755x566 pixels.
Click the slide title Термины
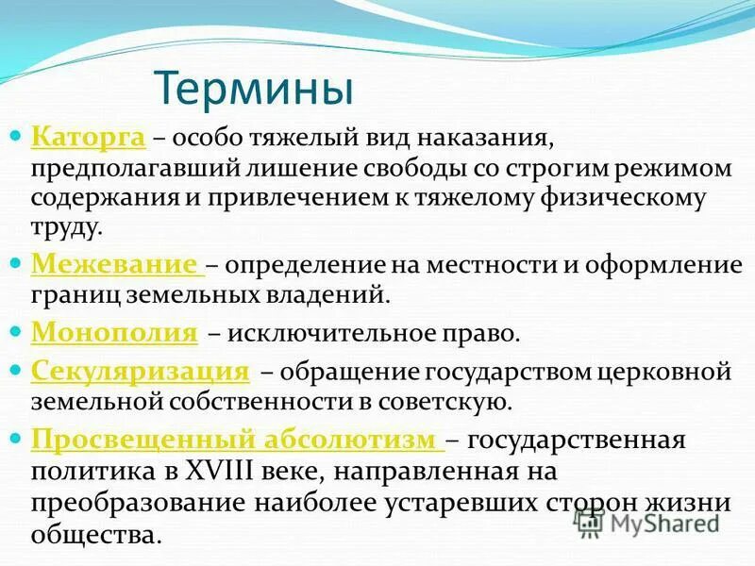[x=254, y=88]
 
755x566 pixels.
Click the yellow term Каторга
[x=88, y=139]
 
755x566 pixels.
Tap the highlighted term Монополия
[x=114, y=333]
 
